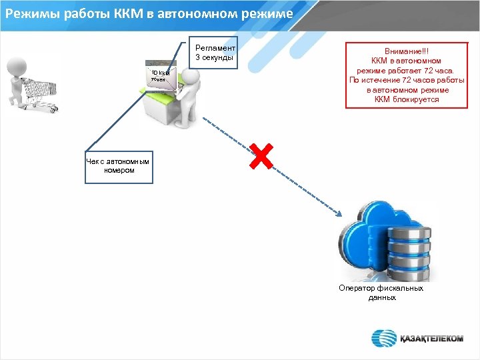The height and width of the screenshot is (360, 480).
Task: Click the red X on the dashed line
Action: [x=262, y=156]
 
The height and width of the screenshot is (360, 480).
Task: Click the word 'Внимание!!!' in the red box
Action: [x=407, y=52]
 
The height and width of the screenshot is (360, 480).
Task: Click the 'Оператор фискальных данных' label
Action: [x=381, y=293]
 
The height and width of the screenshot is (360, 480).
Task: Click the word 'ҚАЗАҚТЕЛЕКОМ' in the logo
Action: [x=431, y=338]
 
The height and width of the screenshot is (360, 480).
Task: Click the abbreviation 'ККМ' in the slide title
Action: [x=135, y=13]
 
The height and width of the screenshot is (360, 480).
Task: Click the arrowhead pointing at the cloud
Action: [x=338, y=213]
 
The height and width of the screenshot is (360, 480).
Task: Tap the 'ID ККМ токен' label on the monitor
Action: [x=160, y=75]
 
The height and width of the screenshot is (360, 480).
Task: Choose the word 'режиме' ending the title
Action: [x=265, y=13]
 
